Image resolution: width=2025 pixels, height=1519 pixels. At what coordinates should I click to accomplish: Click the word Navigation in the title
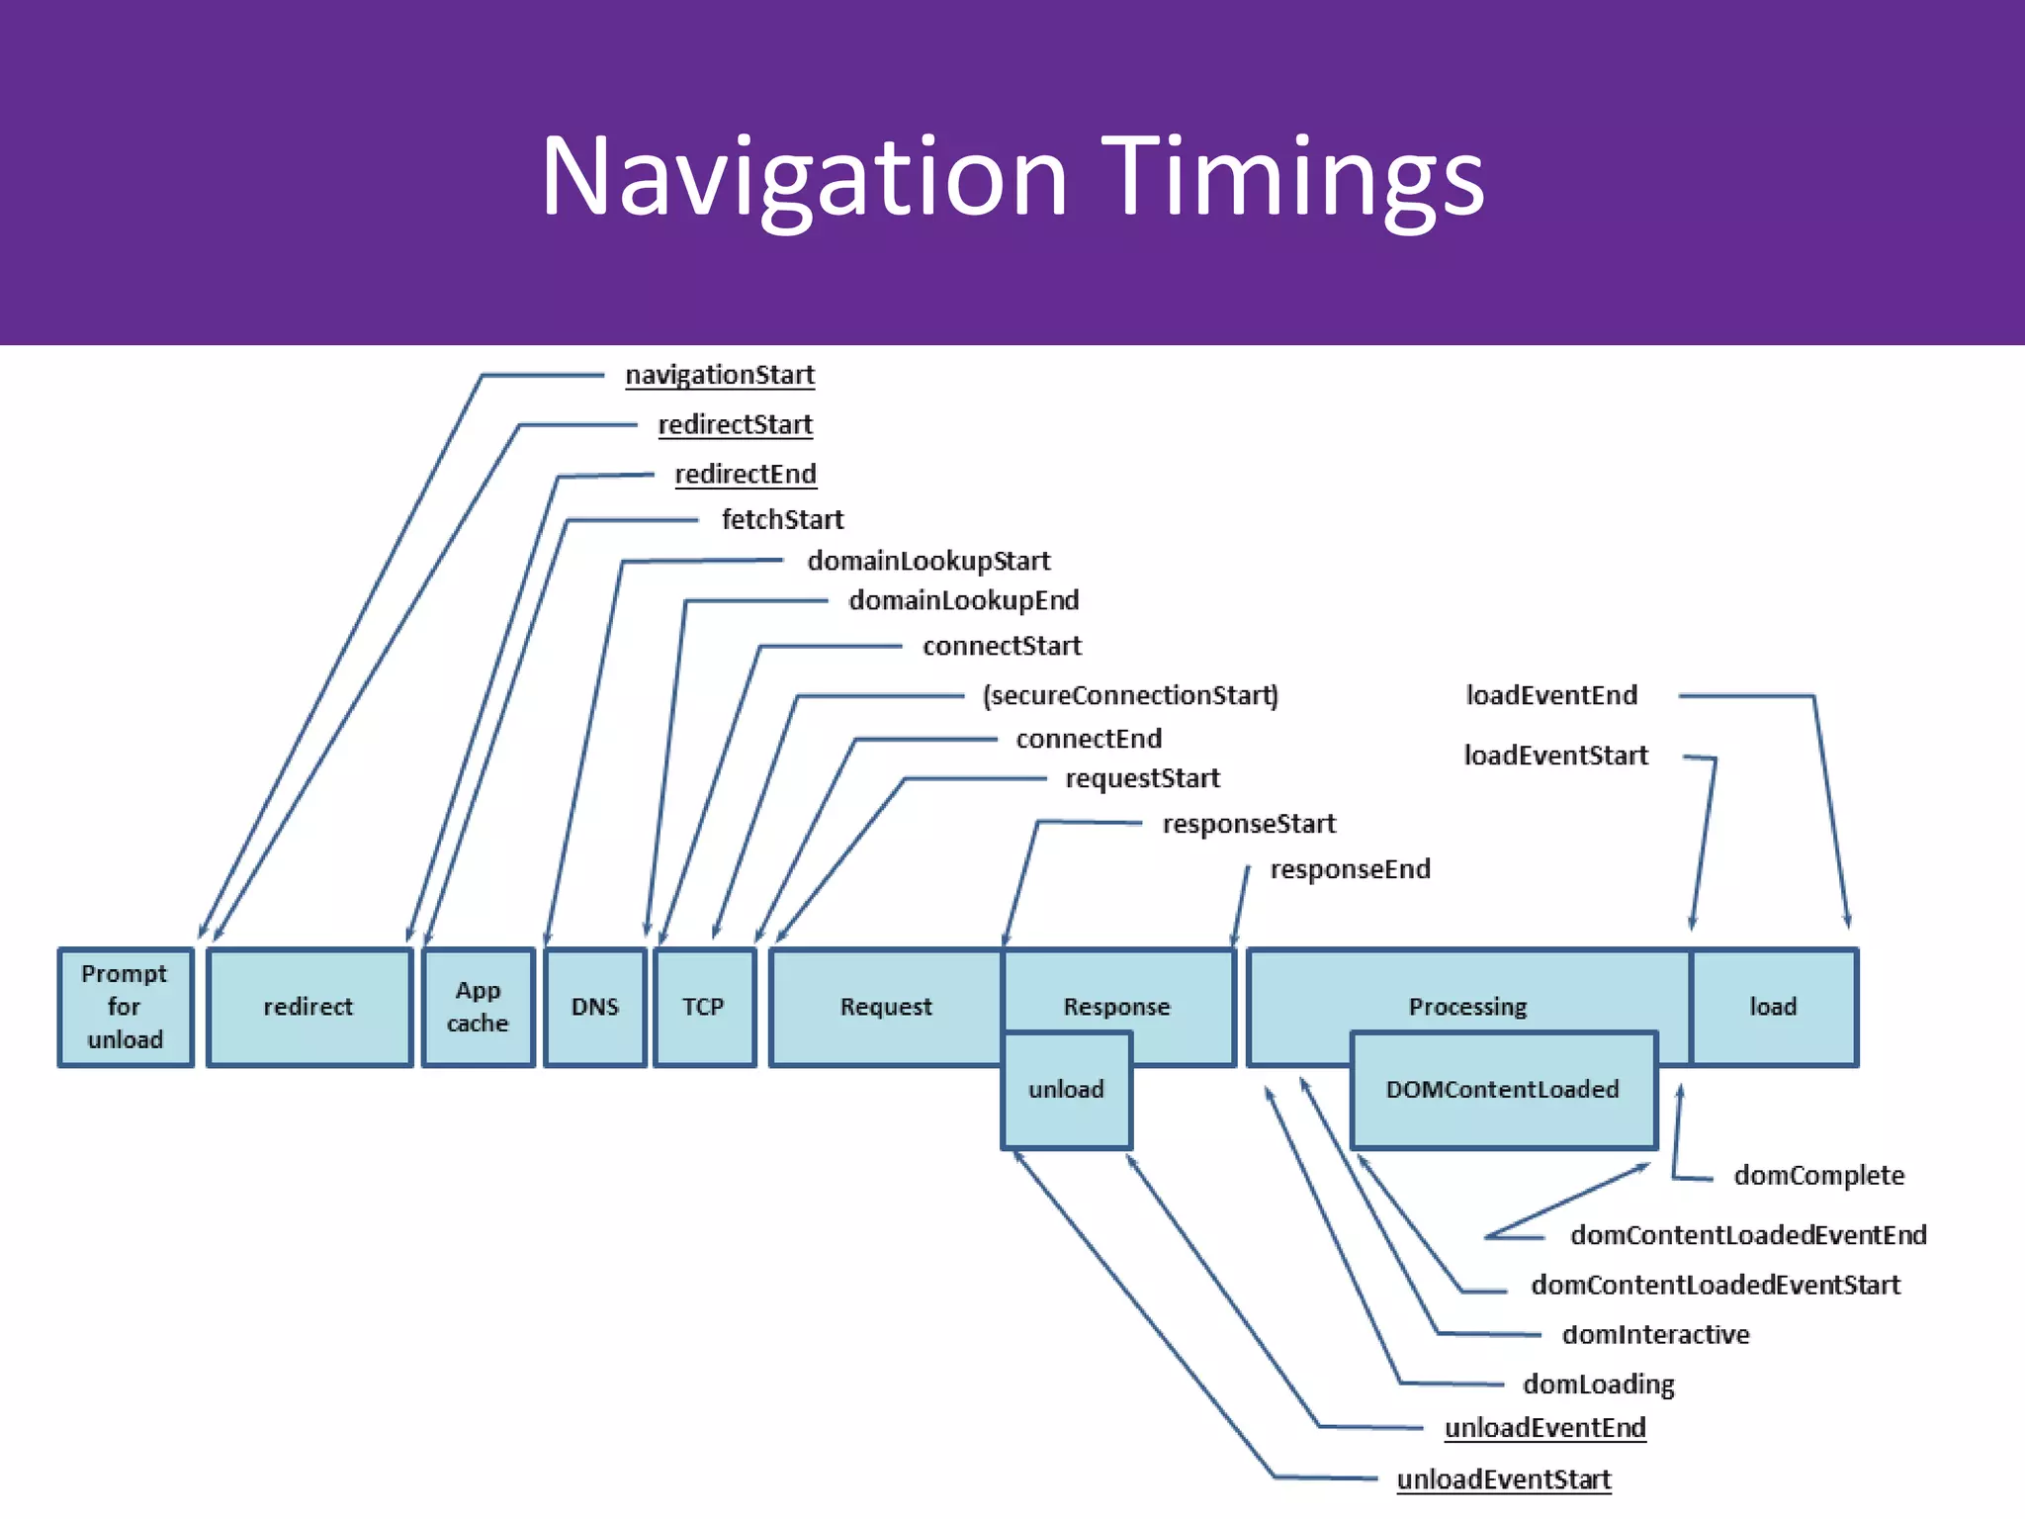click(804, 178)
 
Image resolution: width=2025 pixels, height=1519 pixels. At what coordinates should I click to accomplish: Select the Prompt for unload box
click(125, 1007)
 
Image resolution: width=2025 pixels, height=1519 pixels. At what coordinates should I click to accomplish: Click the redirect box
click(308, 1007)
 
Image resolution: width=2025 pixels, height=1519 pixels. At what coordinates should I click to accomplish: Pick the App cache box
click(478, 1007)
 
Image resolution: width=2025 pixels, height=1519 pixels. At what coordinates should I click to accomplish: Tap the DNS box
click(595, 1007)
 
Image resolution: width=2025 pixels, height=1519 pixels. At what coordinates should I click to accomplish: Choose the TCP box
click(704, 1007)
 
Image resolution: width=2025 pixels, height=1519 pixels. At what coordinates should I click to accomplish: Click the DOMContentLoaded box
click(1503, 1090)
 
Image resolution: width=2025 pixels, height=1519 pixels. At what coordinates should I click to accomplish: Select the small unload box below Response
click(1066, 1090)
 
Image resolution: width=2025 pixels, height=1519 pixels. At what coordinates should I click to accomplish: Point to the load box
click(1773, 1007)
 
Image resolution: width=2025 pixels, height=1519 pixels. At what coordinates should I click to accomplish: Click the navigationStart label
click(720, 375)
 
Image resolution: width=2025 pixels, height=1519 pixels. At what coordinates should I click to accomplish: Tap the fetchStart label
click(782, 519)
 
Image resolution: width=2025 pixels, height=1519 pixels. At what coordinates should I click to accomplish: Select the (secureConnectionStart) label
click(1130, 695)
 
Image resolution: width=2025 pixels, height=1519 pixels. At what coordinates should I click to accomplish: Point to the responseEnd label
click(1350, 869)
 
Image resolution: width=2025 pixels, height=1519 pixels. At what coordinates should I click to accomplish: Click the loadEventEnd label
click(1551, 695)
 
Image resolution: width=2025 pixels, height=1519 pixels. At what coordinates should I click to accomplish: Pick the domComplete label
click(1818, 1175)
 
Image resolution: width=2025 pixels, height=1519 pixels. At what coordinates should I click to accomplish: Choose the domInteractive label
click(1655, 1334)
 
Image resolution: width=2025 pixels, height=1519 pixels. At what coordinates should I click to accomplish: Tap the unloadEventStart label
click(1503, 1479)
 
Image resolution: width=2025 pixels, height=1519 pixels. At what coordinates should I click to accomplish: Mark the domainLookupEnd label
click(963, 600)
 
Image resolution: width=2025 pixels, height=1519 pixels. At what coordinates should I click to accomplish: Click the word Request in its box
click(886, 1007)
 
